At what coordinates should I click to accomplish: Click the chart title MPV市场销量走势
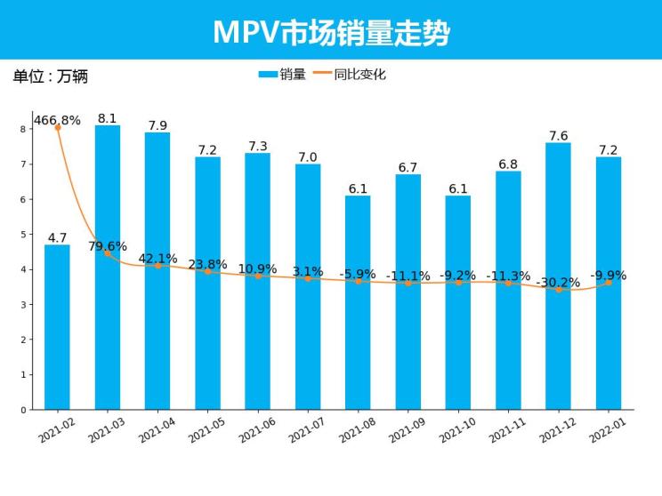[331, 32]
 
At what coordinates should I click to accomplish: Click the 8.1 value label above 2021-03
[108, 118]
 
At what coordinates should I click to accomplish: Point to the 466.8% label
[57, 120]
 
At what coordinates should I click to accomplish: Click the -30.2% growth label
[558, 283]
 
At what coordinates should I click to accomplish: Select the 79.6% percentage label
[108, 246]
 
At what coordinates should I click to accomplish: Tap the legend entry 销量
[282, 75]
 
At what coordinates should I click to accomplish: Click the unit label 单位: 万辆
[51, 76]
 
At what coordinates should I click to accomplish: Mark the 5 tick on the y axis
[22, 235]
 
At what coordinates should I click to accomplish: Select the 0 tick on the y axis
[22, 410]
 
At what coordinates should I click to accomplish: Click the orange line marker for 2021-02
[57, 128]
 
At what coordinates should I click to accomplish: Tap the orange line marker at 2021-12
[558, 290]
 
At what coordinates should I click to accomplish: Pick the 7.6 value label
[558, 136]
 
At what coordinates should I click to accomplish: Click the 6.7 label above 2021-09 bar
[408, 168]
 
